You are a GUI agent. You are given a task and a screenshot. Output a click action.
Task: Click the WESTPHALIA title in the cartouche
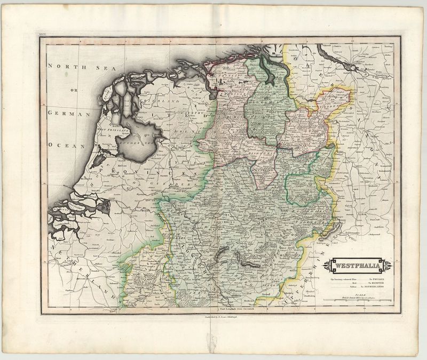(x=359, y=265)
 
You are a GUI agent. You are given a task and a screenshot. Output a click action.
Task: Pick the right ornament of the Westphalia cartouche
(x=389, y=265)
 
